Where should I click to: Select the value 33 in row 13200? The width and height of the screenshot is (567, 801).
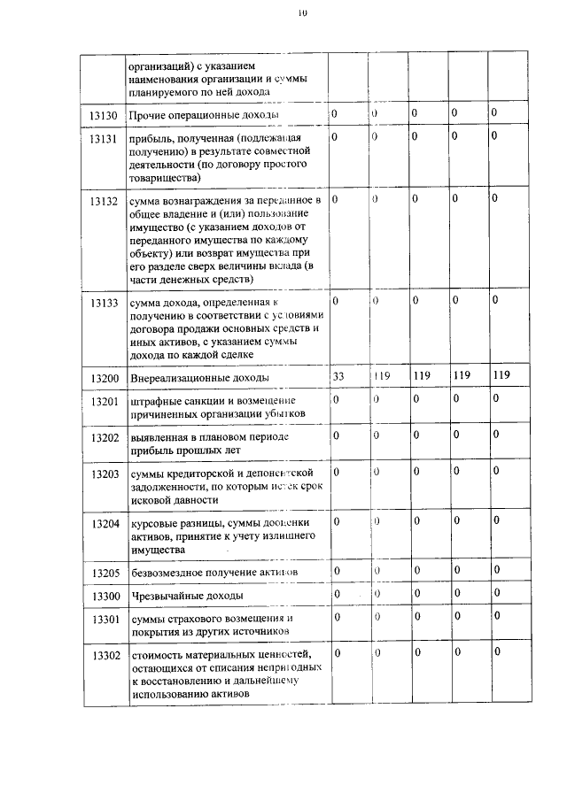(338, 375)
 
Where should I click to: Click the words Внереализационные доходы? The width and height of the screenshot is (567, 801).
(199, 378)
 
